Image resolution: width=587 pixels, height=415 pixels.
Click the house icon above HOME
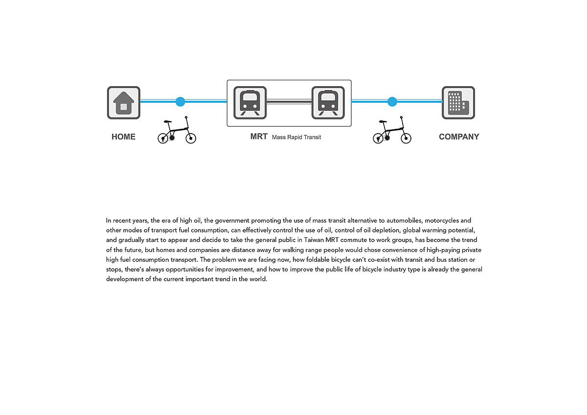pos(124,103)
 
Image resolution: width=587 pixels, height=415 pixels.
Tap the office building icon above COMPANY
pos(458,103)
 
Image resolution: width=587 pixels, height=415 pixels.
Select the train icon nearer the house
pos(250,103)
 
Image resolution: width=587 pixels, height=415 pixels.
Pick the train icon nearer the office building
pos(328,103)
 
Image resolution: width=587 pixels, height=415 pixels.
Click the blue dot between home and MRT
pos(181,101)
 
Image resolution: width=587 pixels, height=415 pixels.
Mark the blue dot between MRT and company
pos(392,101)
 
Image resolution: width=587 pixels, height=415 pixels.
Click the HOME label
pos(123,137)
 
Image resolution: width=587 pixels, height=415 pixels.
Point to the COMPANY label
pos(459,137)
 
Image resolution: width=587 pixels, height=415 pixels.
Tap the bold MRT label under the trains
pos(259,137)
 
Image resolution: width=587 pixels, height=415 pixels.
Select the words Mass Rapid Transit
pos(296,137)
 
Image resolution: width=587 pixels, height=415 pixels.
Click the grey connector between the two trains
pos(289,101)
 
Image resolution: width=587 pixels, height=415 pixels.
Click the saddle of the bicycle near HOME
pos(168,122)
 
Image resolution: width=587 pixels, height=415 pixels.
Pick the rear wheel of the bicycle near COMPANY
pos(378,138)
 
